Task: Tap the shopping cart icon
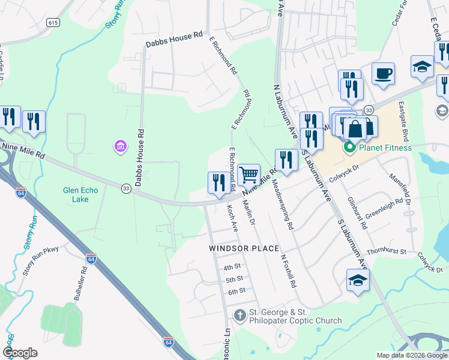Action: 249,175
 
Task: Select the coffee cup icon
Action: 383,74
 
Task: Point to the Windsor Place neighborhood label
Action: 244,248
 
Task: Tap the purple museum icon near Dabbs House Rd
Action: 120,146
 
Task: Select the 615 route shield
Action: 53,22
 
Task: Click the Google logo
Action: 20,353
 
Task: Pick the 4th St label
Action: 232,267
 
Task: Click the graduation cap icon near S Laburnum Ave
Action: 358,279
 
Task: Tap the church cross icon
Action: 240,316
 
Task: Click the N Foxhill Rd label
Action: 289,271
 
